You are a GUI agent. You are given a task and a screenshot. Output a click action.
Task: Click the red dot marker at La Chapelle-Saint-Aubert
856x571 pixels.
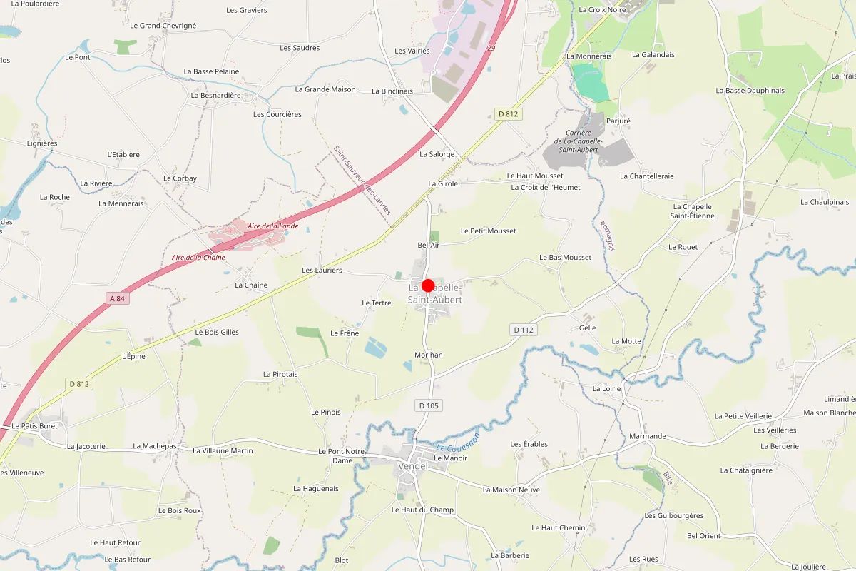point(428,285)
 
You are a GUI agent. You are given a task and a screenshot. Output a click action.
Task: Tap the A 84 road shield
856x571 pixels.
point(118,298)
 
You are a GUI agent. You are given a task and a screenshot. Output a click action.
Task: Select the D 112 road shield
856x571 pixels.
point(523,330)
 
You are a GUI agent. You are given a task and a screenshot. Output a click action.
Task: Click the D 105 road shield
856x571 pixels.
point(429,405)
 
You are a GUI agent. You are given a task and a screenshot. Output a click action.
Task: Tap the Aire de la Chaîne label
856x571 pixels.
point(198,258)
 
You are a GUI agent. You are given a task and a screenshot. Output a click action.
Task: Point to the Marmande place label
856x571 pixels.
point(648,436)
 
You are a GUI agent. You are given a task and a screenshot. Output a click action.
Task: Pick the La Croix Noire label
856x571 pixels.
point(603,10)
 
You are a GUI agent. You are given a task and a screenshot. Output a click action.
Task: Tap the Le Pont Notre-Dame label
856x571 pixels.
point(342,456)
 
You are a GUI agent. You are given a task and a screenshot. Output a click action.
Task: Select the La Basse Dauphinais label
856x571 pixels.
point(750,91)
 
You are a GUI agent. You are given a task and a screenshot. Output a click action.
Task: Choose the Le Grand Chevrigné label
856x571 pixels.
point(163,26)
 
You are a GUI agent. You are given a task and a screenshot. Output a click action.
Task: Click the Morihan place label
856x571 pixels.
point(429,355)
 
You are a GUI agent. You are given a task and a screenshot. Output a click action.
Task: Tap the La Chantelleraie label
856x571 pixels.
point(646,176)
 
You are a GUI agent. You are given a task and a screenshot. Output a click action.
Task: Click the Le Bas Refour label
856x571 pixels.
point(128,560)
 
